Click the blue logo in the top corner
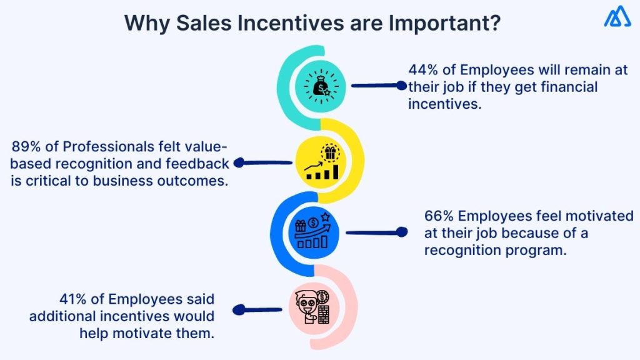[x=617, y=17]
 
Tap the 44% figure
[x=422, y=70]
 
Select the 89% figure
[x=26, y=147]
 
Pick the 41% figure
[x=72, y=299]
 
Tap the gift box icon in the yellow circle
[x=329, y=152]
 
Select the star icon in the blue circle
[x=324, y=217]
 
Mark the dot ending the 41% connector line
[x=237, y=309]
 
